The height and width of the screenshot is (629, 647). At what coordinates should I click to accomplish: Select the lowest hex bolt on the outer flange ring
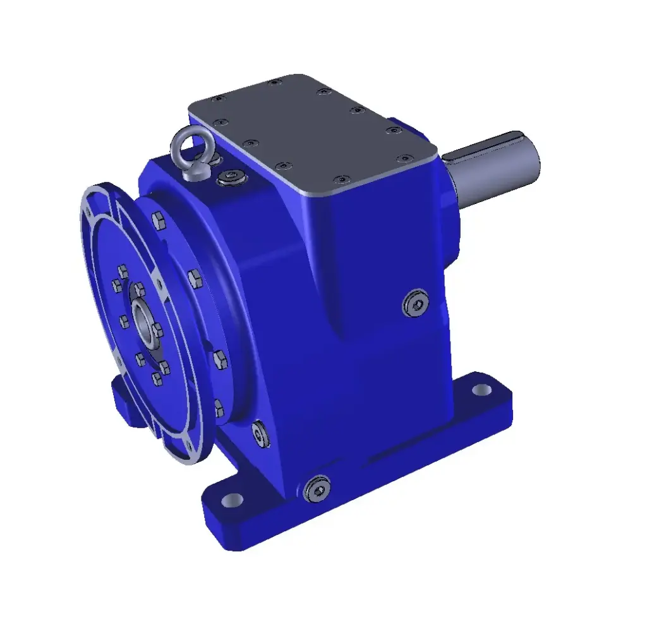click(x=219, y=409)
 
